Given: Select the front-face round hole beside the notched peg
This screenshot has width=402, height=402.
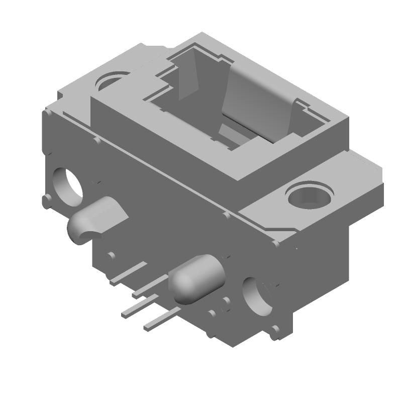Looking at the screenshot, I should pyautogui.click(x=68, y=186).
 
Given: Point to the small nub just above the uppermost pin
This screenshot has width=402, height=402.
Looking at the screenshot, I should pyautogui.click(x=111, y=256).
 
